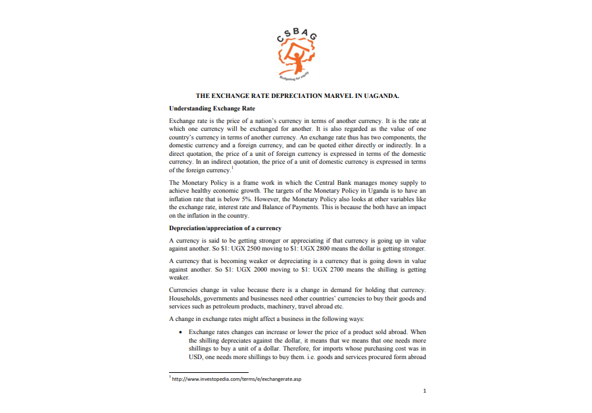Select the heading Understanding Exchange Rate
tap(212, 109)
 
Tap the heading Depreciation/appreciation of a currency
tap(225, 228)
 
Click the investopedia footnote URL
tap(237, 379)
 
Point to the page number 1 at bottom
tap(425, 391)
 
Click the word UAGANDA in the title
tap(378, 96)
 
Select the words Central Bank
tap(319, 182)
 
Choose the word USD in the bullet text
tap(196, 358)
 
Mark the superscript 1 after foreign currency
tap(232, 168)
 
